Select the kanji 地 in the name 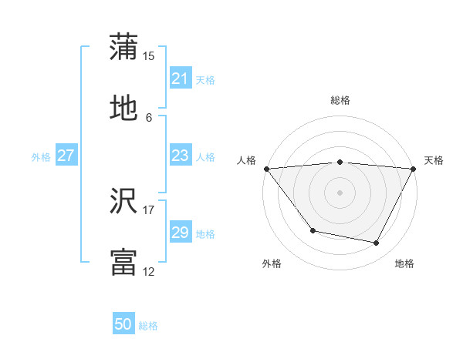(x=123, y=109)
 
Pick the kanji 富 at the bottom (x=123, y=262)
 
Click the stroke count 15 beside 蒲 (x=149, y=55)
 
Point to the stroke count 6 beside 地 (x=149, y=118)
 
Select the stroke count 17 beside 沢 (x=149, y=209)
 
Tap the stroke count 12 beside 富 (x=149, y=272)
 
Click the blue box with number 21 (x=180, y=79)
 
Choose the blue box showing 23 (x=180, y=156)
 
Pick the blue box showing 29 (x=180, y=233)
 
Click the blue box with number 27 (x=66, y=156)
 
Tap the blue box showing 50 (x=123, y=325)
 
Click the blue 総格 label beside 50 (x=148, y=326)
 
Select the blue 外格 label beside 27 (x=41, y=156)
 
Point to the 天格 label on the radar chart (x=434, y=160)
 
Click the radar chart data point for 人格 (x=266, y=169)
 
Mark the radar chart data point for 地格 (x=377, y=243)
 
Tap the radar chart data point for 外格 (x=313, y=230)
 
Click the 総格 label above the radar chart (x=340, y=100)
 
